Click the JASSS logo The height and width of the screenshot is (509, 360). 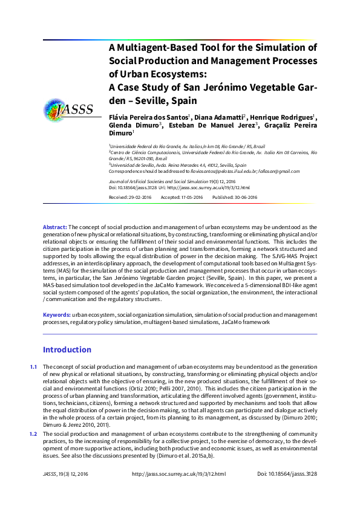click(x=68, y=109)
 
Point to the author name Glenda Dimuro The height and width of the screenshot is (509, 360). click(x=134, y=125)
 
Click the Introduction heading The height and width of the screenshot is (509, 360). click(x=67, y=349)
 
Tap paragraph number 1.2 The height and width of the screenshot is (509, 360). click(x=33, y=434)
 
